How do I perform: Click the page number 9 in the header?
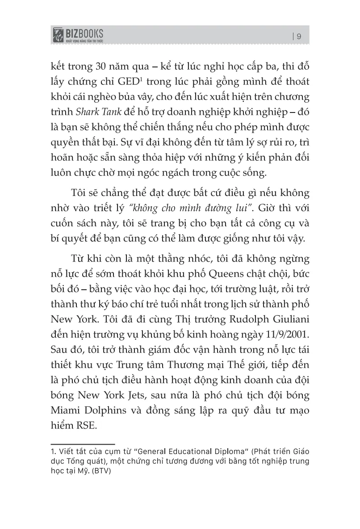coord(299,37)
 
